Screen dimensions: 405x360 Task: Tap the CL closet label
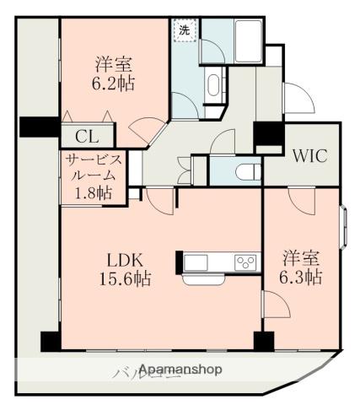click(x=85, y=136)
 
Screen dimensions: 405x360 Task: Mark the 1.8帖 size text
click(x=92, y=192)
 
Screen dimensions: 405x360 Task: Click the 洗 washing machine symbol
click(x=184, y=31)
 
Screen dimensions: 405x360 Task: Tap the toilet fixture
click(x=244, y=169)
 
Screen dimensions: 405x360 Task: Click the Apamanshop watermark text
click(x=180, y=370)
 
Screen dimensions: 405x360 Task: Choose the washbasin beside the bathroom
click(x=212, y=85)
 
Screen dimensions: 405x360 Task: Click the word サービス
click(x=92, y=159)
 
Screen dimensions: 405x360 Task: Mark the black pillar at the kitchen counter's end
click(x=180, y=262)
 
